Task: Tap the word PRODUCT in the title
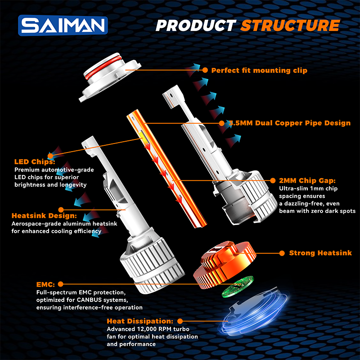(x=196, y=25)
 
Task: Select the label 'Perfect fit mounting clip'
(x=259, y=70)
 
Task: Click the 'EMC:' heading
(x=45, y=284)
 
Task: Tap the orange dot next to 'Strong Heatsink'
(x=282, y=253)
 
